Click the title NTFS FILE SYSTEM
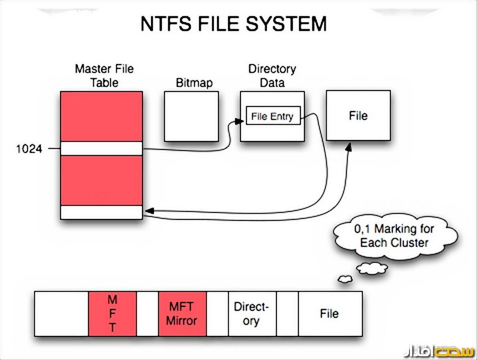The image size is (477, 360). coord(233,24)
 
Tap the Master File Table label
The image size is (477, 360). coord(104,75)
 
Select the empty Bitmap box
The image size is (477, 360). coord(191,116)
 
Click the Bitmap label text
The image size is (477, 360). coord(194,83)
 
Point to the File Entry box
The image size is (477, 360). coord(272,116)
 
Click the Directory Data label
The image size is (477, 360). coord(272,75)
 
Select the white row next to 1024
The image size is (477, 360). coord(101,148)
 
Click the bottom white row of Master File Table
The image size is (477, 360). coord(101,212)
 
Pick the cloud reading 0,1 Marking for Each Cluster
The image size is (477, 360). coord(395,236)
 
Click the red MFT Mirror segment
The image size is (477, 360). coord(182,314)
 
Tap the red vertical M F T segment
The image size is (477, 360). coord(112,314)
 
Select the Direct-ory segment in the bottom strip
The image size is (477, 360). coord(252,314)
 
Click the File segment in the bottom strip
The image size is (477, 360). coord(329,314)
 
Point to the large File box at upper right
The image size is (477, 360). coord(358,116)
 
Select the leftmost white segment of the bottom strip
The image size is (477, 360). coord(61,314)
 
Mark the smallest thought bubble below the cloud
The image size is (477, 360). coord(345,279)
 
